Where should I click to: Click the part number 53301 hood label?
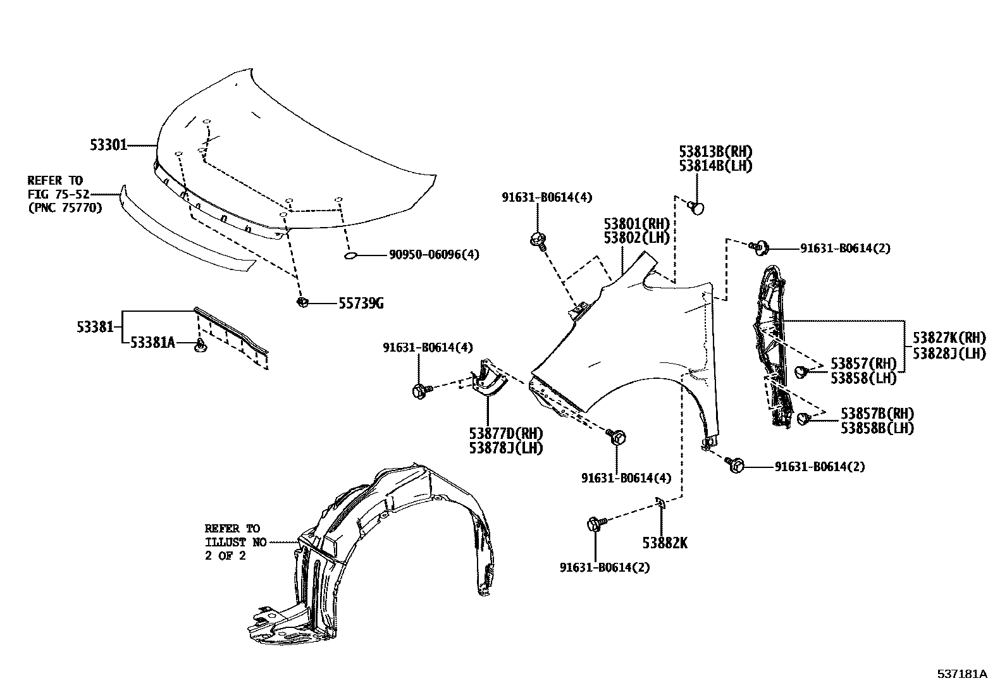tap(108, 146)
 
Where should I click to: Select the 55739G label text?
tap(361, 304)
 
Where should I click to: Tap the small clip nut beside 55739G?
tap(302, 302)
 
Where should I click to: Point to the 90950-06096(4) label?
tap(434, 255)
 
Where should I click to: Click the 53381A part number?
tap(152, 343)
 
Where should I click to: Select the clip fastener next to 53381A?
tap(201, 345)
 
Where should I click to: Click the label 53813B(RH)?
tap(716, 152)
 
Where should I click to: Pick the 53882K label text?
tap(664, 543)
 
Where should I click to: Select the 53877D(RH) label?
tap(506, 434)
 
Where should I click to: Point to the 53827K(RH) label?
tap(949, 338)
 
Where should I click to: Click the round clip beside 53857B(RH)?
tap(805, 418)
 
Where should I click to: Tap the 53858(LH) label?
tap(863, 378)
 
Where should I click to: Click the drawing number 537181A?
tap(961, 674)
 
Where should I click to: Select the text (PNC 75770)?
tap(65, 207)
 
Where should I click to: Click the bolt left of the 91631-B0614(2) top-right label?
tap(760, 247)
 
